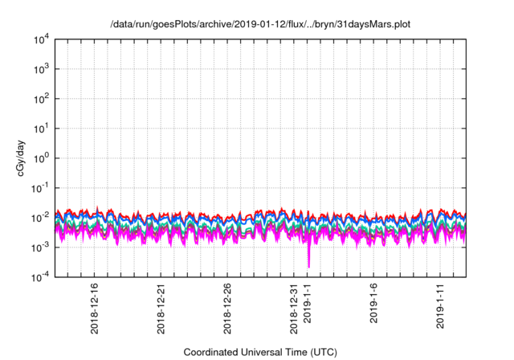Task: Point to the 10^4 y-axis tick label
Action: pos(42,39)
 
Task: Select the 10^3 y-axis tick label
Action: pos(42,69)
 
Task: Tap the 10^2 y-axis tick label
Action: pos(42,99)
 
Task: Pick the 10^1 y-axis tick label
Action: pos(42,129)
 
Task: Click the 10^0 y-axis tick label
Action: pos(42,158)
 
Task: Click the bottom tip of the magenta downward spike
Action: pos(308,267)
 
